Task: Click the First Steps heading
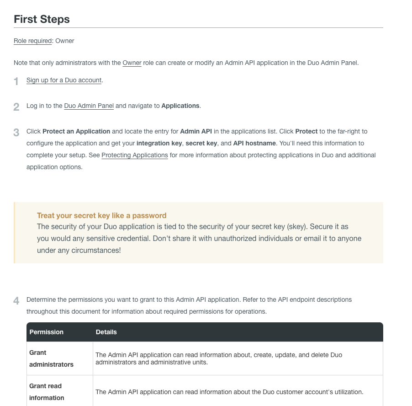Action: coord(42,19)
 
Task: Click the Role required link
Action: coord(32,41)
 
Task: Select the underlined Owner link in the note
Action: coord(132,63)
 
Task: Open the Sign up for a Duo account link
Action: coord(64,80)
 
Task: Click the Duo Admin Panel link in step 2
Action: coord(89,106)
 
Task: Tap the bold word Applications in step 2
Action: coord(180,106)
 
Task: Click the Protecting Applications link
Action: coord(135,155)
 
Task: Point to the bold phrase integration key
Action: coord(159,143)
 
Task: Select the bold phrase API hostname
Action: coord(254,143)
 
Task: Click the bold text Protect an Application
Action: coord(76,131)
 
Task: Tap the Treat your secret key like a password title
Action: coord(101,215)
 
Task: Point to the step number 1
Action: coord(16,81)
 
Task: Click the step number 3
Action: coord(16,133)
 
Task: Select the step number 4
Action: coord(16,301)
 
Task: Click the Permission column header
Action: coord(47,332)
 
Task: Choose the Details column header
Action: coord(106,332)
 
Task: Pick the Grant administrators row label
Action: coord(51,358)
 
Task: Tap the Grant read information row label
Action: coord(47,392)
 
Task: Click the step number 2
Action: coord(16,107)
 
